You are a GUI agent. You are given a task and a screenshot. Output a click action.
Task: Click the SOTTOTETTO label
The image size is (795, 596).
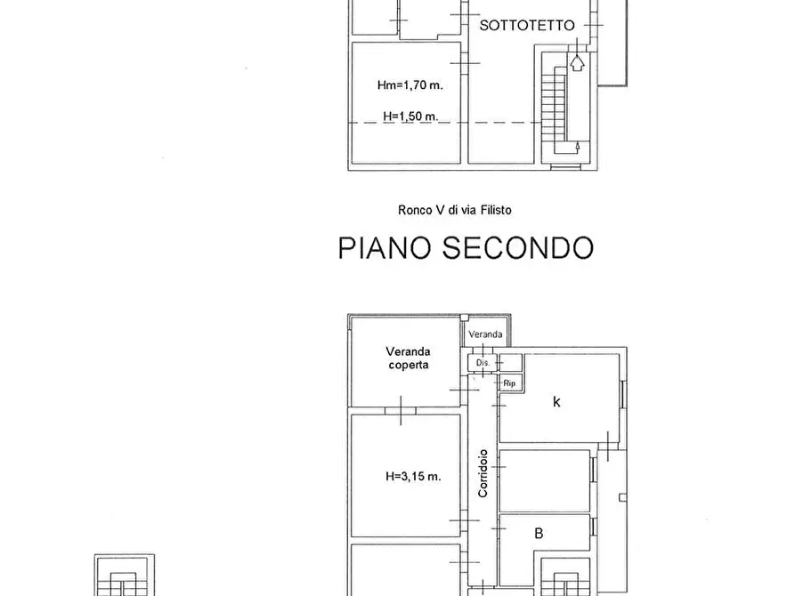[527, 27]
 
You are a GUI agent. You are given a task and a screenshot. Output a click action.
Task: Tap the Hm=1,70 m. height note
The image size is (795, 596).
[410, 85]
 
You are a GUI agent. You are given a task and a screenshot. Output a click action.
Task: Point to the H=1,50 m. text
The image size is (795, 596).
[410, 117]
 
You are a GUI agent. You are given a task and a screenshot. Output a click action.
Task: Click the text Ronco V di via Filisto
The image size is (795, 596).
[454, 211]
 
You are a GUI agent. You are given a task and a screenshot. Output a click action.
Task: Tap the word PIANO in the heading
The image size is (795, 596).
[388, 247]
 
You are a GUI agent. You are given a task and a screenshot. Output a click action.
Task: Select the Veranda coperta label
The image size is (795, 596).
[408, 358]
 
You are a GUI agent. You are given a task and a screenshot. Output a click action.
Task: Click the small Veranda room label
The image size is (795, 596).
[486, 334]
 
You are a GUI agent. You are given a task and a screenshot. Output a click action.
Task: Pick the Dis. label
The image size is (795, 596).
[483, 363]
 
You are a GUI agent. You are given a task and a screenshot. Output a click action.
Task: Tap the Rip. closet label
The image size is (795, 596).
[510, 383]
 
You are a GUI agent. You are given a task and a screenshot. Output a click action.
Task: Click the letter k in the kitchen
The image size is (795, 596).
[557, 402]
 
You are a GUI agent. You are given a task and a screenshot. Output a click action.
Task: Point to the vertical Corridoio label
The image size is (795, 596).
[483, 473]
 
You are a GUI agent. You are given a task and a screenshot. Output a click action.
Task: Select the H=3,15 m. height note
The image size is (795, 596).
[413, 476]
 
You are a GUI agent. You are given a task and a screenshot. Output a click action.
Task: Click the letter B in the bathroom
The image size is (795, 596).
[539, 535]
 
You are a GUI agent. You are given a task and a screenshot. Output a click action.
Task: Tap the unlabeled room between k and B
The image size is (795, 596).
[544, 479]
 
